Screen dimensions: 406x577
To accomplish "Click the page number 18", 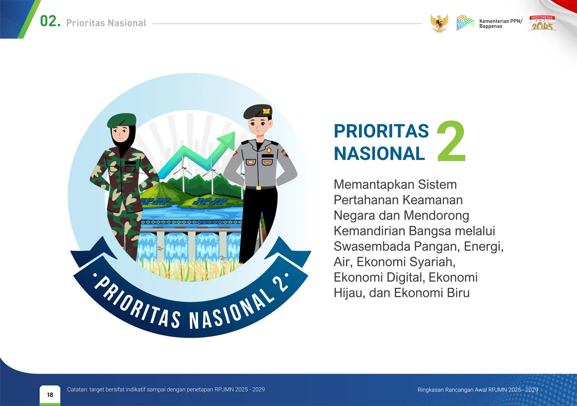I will [50, 395].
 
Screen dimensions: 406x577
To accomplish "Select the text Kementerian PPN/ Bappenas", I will [500, 24].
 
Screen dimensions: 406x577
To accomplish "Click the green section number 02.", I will [50, 21].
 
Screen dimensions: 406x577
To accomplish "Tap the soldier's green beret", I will [122, 120].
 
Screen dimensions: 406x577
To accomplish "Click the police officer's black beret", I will [257, 111].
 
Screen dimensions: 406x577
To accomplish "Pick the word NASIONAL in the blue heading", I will [379, 154].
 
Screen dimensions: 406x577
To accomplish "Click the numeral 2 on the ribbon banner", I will [281, 285].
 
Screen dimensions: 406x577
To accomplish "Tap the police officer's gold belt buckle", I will [259, 188].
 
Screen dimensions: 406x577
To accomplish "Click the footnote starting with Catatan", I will [166, 389].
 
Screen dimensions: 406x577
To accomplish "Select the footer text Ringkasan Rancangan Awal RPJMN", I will [478, 390].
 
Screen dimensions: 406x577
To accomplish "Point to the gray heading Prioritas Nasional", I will [106, 23].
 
